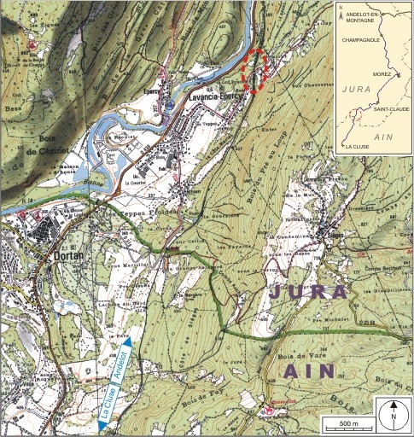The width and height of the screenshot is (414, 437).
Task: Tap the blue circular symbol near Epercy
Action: pos(169,105)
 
